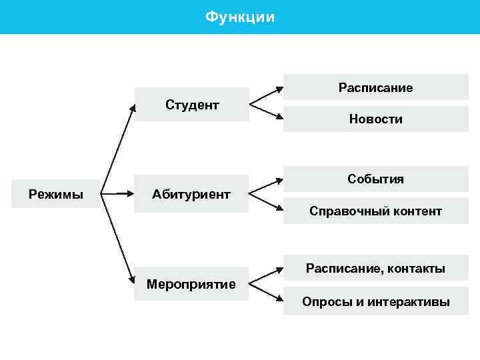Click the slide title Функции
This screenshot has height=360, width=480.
(239, 17)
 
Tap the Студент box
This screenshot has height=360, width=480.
(192, 105)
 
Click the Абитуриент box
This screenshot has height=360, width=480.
(191, 195)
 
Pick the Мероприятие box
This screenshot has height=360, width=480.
(191, 284)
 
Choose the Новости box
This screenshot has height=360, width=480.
(375, 119)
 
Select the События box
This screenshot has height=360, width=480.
(375, 179)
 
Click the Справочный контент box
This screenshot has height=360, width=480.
(375, 211)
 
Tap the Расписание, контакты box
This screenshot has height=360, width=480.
(375, 269)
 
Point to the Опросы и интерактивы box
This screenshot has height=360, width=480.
(375, 302)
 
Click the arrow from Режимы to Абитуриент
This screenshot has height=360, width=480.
(118, 195)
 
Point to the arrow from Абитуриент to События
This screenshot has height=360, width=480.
(266, 187)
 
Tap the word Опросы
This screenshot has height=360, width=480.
(323, 302)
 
